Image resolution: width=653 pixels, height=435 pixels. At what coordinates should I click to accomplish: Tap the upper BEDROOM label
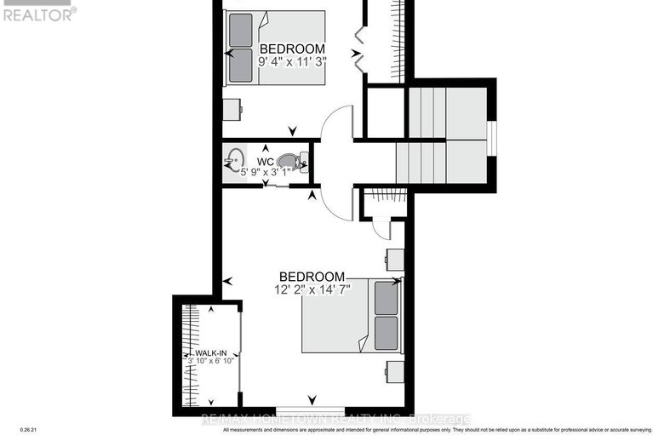click(x=293, y=48)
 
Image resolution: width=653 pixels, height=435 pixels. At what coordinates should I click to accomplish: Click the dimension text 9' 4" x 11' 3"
click(x=293, y=61)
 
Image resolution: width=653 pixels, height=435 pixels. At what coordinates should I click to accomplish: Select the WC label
click(x=265, y=160)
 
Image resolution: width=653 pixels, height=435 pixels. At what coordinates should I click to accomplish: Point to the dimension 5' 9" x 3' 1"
click(x=266, y=172)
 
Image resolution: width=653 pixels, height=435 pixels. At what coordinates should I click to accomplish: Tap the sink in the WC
click(x=234, y=159)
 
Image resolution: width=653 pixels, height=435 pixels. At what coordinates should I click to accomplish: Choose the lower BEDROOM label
click(x=312, y=277)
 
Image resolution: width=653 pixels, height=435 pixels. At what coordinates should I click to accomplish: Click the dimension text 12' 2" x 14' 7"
click(x=312, y=289)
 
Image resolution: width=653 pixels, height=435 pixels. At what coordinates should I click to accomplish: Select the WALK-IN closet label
click(x=210, y=352)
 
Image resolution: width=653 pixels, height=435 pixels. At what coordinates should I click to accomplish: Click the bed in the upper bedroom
click(x=277, y=48)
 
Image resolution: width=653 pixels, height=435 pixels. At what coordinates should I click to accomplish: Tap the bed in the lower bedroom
click(x=351, y=315)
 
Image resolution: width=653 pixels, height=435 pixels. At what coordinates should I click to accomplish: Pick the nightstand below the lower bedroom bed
click(x=393, y=371)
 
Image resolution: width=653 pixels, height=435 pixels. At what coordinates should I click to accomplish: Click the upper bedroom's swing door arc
click(x=335, y=119)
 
